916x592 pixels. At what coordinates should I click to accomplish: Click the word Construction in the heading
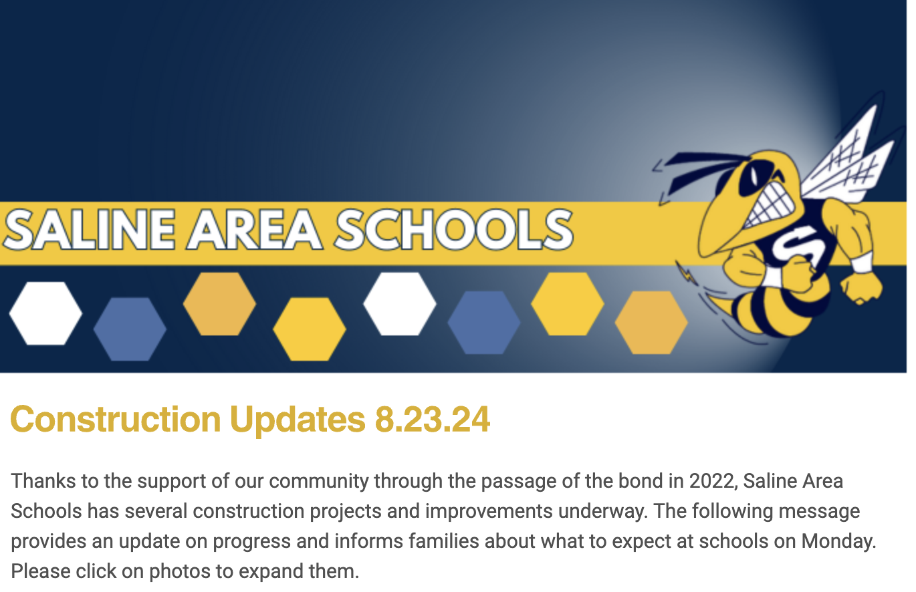pyautogui.click(x=116, y=420)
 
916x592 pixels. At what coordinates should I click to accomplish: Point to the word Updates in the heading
pyautogui.click(x=298, y=420)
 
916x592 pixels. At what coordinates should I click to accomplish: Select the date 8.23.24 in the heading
pyautogui.click(x=432, y=420)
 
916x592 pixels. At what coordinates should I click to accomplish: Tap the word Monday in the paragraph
pyautogui.click(x=839, y=541)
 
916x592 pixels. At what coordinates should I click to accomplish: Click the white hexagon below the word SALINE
pyautogui.click(x=45, y=313)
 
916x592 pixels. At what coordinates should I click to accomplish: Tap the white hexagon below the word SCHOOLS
pyautogui.click(x=400, y=304)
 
